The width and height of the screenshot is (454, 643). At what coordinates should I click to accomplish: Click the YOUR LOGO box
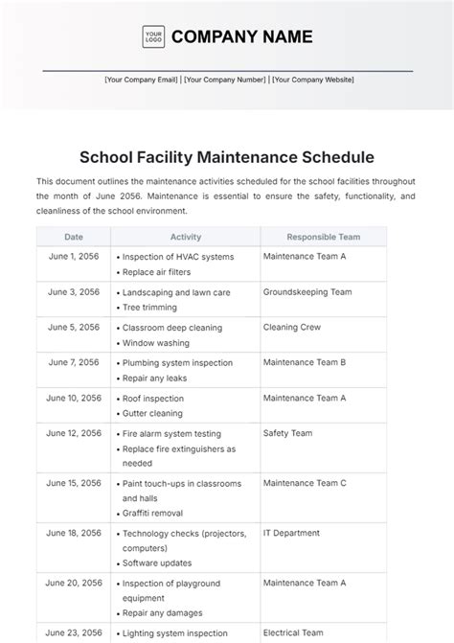(x=153, y=36)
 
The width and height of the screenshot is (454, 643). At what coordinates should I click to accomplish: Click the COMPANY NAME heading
(x=241, y=36)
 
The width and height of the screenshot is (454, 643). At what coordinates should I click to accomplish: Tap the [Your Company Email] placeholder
(x=142, y=80)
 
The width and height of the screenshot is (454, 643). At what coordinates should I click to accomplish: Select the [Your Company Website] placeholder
(x=312, y=80)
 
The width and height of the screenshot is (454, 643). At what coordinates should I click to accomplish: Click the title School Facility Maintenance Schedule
(x=227, y=156)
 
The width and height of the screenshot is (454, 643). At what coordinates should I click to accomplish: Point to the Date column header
(x=74, y=236)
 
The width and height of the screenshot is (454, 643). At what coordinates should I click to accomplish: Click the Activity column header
(x=186, y=236)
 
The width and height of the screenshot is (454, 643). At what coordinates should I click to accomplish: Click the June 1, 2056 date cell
(x=74, y=257)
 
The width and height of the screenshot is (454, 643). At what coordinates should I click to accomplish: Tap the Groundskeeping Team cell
(x=307, y=292)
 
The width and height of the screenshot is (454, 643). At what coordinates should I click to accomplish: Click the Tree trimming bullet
(x=149, y=307)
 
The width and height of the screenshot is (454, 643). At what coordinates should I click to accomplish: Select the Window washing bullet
(x=157, y=342)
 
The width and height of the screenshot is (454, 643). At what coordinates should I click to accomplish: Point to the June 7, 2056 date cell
(x=74, y=362)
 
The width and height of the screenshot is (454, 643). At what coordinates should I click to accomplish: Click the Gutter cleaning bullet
(x=153, y=413)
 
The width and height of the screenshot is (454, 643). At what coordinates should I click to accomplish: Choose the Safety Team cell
(x=287, y=433)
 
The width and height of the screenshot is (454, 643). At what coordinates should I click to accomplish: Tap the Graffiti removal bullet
(x=157, y=513)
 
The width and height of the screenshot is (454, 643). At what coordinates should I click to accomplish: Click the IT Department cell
(x=292, y=533)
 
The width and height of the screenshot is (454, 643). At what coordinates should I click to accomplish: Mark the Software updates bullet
(x=157, y=563)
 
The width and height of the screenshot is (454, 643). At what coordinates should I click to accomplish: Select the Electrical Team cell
(x=295, y=632)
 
